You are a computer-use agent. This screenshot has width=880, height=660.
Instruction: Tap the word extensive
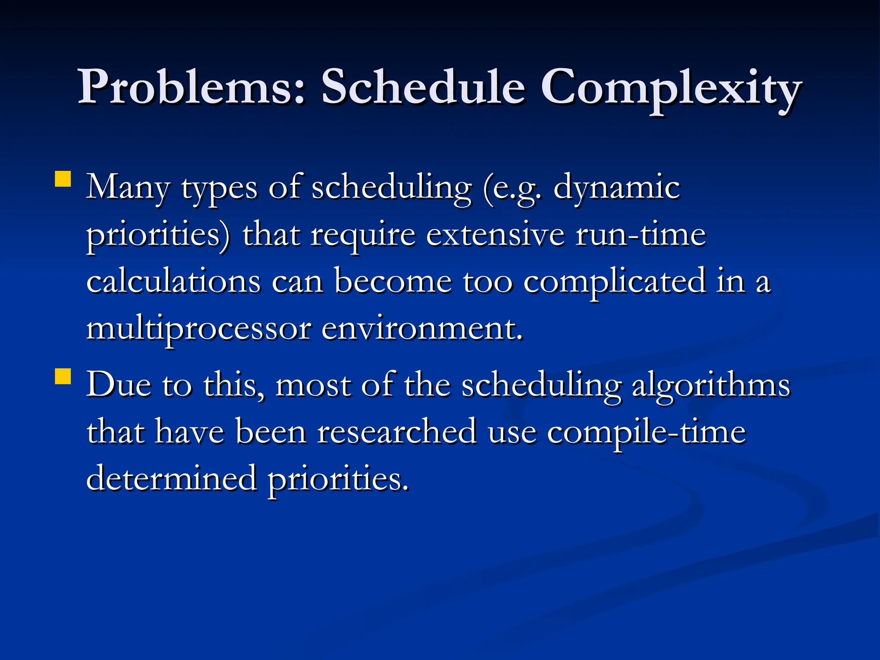(495, 235)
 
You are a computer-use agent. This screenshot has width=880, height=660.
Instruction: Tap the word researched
(397, 432)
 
